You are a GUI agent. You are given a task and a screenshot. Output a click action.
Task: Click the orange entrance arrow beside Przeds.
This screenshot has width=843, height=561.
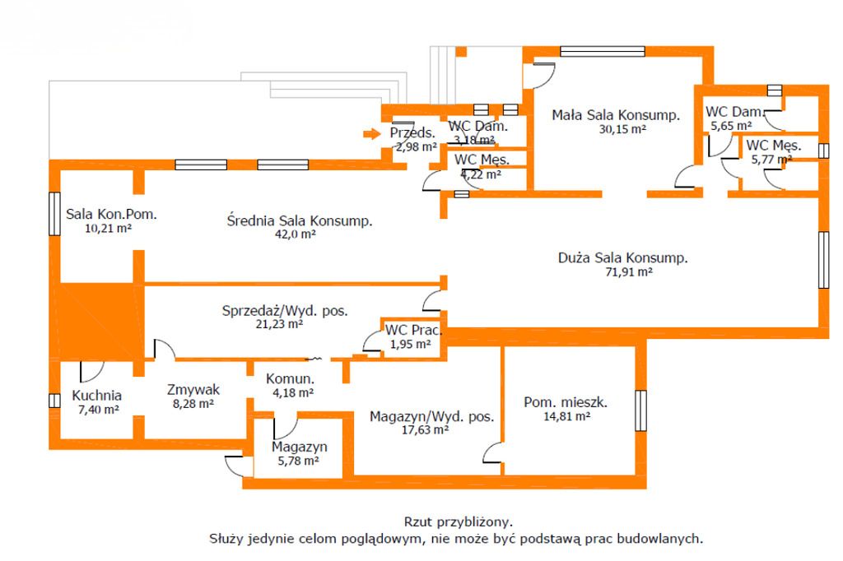coord(370,133)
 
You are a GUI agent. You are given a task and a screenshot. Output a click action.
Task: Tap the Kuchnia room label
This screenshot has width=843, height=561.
coord(96,394)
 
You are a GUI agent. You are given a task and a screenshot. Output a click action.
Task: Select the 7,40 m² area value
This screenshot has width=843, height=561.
coord(97,408)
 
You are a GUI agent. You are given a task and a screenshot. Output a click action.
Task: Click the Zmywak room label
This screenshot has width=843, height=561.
coord(193,390)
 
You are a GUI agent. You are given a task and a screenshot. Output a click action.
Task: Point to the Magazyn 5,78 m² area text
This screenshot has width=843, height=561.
coord(300,461)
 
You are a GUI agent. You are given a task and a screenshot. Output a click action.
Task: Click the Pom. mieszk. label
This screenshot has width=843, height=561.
coord(566,402)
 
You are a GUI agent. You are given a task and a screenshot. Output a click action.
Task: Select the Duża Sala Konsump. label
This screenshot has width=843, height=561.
coord(623,257)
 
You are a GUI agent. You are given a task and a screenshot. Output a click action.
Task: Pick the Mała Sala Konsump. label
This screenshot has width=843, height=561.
coord(616,115)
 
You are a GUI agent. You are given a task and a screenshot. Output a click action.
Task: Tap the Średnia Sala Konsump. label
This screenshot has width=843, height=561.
coord(300,220)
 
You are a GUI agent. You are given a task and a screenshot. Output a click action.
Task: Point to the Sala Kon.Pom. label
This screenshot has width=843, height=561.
coord(111,215)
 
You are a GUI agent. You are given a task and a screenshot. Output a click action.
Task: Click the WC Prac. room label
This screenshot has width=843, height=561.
coord(413,331)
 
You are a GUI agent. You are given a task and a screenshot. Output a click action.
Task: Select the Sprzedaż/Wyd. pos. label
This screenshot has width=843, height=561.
coord(285,311)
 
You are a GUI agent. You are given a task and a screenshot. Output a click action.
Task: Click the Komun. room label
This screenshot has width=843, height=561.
coord(290,379)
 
